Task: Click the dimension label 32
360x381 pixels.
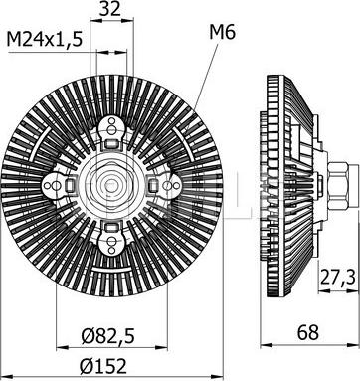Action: point(111,9)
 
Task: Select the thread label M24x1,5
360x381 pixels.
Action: point(45,40)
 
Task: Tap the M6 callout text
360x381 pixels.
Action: point(222,33)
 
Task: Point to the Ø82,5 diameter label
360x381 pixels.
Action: point(108,336)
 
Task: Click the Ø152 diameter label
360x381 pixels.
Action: point(103,366)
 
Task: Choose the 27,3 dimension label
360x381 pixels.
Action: point(338,278)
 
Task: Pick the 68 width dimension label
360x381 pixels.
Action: point(308,332)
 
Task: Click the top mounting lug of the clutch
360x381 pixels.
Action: point(111,127)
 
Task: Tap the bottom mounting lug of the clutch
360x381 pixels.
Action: point(111,243)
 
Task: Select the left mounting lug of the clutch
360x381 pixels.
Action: point(55,185)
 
